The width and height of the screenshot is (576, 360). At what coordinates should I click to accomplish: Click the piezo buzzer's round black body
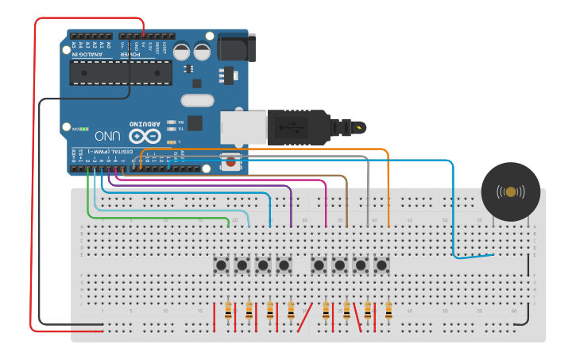(511, 192)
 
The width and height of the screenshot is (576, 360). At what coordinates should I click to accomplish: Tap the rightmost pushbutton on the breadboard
(381, 265)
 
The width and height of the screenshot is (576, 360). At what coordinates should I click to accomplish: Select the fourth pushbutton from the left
(284, 265)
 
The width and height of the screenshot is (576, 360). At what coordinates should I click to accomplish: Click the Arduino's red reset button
(230, 162)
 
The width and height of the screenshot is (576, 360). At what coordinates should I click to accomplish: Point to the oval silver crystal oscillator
(197, 100)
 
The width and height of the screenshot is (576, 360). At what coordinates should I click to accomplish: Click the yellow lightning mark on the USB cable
(362, 127)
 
